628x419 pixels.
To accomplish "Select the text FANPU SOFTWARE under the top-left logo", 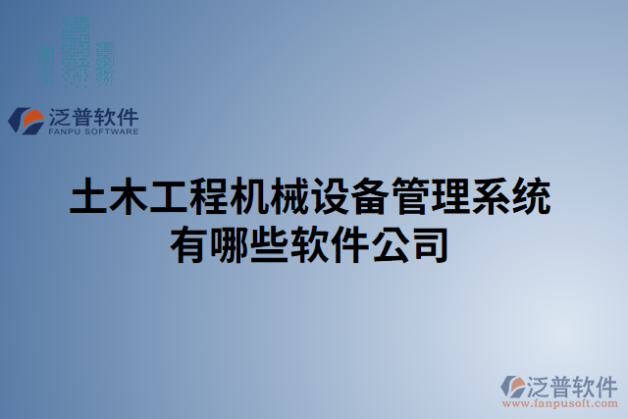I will coord(93,131).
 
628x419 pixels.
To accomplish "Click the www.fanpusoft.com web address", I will coord(560,402).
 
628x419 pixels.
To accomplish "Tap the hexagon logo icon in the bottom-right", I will coord(514,386).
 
